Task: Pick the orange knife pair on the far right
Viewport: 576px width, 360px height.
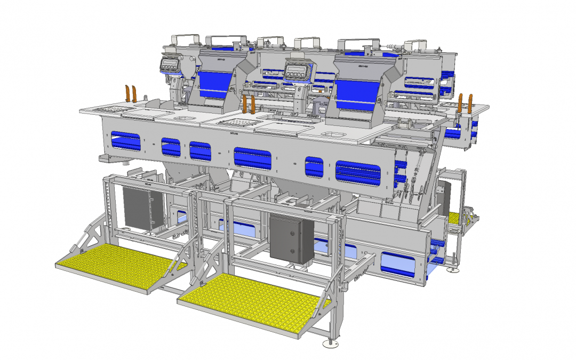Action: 465,102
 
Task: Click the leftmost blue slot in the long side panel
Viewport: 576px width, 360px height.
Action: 126,143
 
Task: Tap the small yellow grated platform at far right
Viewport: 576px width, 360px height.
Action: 455,218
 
